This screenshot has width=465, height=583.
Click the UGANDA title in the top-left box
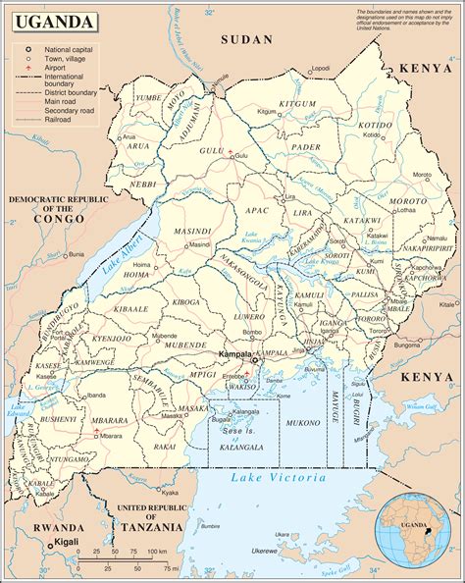tap(55, 22)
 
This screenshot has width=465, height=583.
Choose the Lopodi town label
tap(319, 68)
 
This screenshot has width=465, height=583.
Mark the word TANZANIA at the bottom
tap(151, 527)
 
